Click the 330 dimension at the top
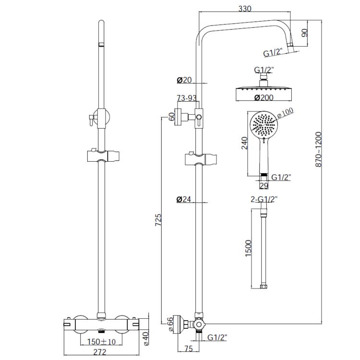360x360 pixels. click(246, 8)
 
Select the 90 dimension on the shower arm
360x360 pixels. click(304, 34)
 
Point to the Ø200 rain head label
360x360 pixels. click(263, 97)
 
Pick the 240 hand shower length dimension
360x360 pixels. click(244, 143)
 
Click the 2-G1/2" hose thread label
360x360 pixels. click(264, 199)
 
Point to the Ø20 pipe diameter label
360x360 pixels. click(183, 80)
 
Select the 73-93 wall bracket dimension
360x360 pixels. click(187, 98)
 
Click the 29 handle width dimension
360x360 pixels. click(263, 185)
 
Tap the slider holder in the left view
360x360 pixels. click(103, 157)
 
